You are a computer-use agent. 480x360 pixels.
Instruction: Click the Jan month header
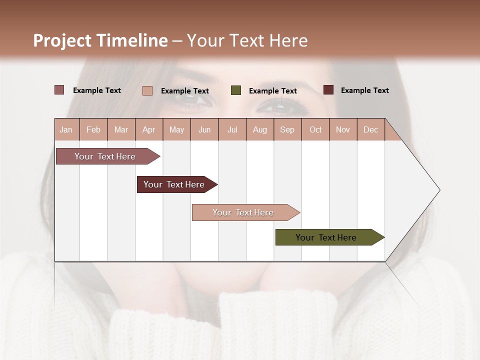[66, 129]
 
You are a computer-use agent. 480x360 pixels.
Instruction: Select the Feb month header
[93, 129]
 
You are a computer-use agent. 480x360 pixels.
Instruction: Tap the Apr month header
[149, 129]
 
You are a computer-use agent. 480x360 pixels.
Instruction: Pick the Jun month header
[204, 129]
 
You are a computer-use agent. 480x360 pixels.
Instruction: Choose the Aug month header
[260, 129]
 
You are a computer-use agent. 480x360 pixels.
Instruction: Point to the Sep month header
[287, 129]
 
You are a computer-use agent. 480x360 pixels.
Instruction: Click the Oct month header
[315, 129]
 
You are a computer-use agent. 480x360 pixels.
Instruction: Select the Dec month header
[371, 129]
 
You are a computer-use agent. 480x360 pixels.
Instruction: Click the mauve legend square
[59, 90]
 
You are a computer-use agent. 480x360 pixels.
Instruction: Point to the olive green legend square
[236, 90]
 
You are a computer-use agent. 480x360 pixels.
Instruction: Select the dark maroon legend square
[328, 90]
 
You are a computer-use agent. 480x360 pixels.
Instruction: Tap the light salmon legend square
[147, 90]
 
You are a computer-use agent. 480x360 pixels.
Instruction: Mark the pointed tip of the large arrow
[439, 190]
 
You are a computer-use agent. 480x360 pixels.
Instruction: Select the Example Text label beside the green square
[273, 91]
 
